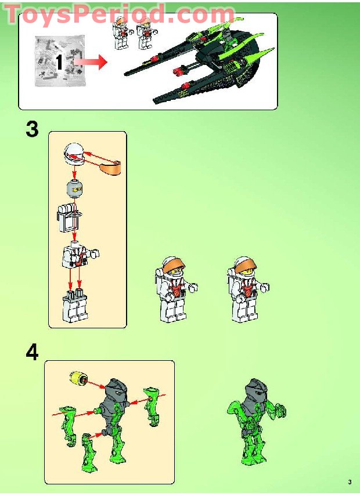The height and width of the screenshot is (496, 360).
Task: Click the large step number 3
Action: (x=32, y=129)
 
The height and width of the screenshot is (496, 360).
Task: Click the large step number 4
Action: (x=32, y=352)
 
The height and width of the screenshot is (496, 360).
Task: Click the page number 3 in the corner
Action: (x=350, y=482)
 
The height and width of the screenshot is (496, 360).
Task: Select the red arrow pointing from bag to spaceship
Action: (x=93, y=62)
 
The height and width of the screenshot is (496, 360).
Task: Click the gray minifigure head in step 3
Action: (x=74, y=189)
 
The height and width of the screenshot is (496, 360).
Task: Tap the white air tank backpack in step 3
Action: (x=69, y=218)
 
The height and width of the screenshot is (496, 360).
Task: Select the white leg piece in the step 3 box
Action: (x=75, y=307)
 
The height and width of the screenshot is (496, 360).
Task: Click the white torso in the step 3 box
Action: (x=77, y=256)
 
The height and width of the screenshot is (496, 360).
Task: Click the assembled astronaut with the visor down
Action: (x=174, y=290)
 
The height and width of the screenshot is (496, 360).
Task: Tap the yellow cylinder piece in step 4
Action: (x=76, y=379)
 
